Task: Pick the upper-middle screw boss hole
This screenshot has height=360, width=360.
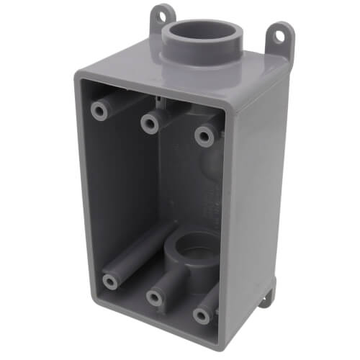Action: tap(150, 123)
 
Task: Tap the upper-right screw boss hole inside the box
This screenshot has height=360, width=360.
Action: tap(205, 135)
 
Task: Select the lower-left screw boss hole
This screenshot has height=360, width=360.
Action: tap(110, 280)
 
